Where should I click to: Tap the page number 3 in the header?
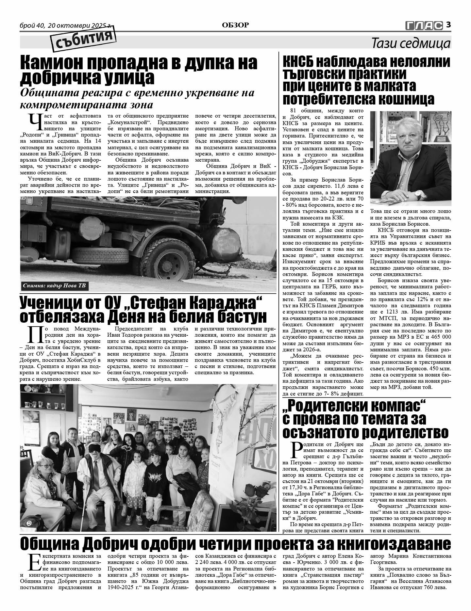pyautogui.click(x=448, y=24)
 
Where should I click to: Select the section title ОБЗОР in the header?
pyautogui.click(x=235, y=25)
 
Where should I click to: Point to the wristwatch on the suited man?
pyautogui.click(x=418, y=195)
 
